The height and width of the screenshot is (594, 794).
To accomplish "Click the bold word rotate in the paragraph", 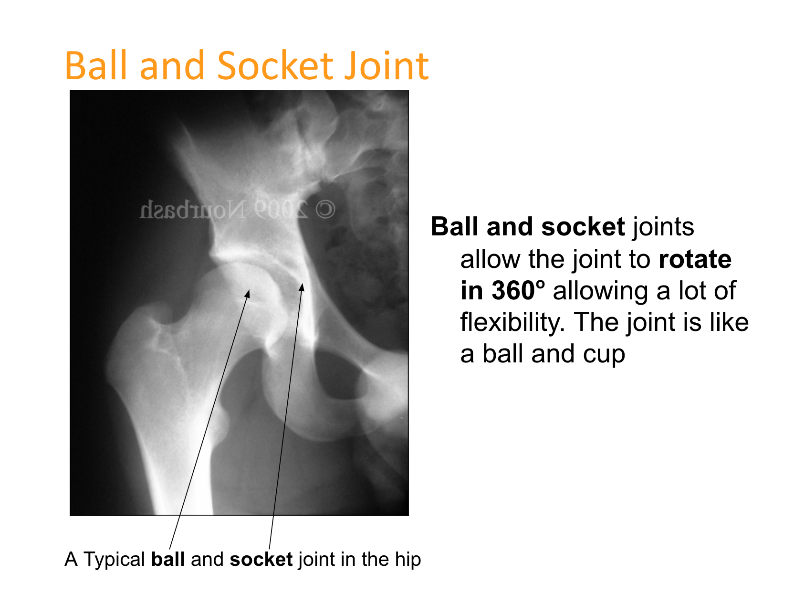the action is [695, 259].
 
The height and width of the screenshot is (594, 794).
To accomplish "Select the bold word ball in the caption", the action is [168, 559].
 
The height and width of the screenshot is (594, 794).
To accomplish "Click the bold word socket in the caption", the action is [261, 559].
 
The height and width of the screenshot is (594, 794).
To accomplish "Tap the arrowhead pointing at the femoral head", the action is [248, 294].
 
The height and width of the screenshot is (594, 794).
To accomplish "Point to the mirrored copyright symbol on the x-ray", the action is [325, 210].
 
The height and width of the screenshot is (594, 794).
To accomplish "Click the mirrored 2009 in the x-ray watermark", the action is [281, 210].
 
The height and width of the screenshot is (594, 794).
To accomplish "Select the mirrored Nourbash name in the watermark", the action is [193, 209].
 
